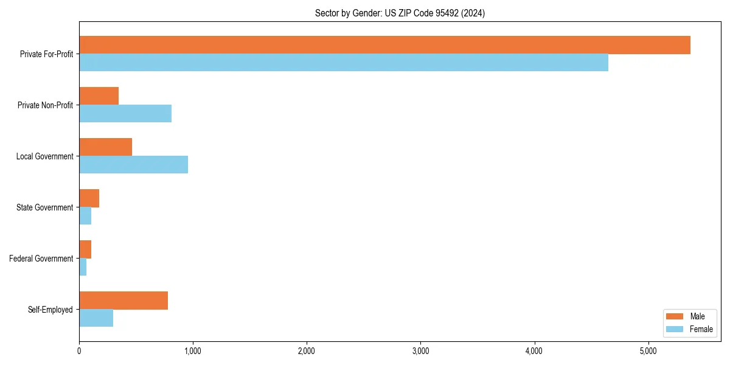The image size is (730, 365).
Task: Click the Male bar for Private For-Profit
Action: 384,45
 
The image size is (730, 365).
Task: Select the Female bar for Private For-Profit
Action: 344,63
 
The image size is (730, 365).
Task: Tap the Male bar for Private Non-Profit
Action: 99,96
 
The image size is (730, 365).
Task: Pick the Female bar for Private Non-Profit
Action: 125,114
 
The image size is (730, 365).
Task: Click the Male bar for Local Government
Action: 105,147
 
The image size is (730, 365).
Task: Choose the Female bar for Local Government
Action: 133,165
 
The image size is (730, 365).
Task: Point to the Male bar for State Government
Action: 89,198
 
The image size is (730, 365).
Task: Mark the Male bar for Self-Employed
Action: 123,301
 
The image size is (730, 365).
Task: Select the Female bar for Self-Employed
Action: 96,318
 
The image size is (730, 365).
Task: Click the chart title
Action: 400,13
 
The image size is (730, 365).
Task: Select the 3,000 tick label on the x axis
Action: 420,351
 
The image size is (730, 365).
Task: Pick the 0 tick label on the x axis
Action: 79,351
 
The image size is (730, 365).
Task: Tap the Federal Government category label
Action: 41,259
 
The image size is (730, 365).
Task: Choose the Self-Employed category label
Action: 50,310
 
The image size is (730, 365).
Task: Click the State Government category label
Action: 44,207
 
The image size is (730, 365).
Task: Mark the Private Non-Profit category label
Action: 45,105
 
